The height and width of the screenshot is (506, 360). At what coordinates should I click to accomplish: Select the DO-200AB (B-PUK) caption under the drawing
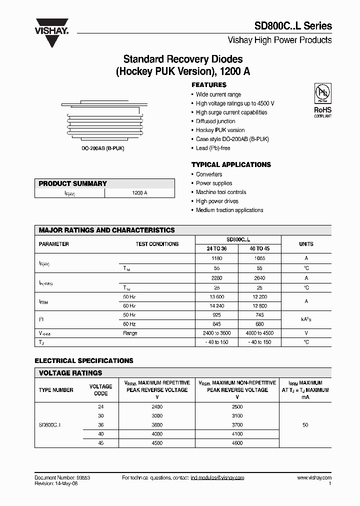(102, 149)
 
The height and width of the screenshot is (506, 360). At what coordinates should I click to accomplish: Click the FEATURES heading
(209, 85)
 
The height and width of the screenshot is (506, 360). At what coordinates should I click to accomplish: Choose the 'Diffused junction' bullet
(215, 121)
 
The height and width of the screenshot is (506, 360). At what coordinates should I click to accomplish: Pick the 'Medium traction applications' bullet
(229, 210)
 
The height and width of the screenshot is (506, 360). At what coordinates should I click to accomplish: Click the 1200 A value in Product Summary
(139, 192)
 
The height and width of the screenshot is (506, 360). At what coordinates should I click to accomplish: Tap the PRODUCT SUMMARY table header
(73, 183)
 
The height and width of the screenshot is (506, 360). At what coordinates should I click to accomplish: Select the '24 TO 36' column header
(216, 248)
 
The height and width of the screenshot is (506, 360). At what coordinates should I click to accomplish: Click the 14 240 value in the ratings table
(216, 306)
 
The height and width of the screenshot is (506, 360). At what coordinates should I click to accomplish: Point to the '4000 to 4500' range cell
(259, 333)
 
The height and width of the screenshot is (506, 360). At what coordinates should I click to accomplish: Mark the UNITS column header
(306, 244)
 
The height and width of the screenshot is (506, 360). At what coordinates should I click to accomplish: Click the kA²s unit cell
(306, 319)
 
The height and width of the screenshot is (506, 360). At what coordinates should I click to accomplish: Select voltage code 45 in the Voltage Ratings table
(100, 442)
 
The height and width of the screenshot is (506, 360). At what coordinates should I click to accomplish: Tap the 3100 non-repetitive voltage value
(237, 416)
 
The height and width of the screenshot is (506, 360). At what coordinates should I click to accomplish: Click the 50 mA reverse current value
(305, 425)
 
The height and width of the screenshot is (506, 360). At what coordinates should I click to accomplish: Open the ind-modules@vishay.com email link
(217, 478)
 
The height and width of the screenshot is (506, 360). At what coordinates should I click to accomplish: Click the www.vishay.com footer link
(314, 478)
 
